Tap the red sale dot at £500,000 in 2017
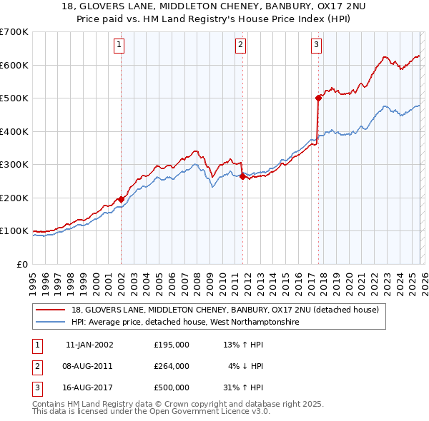[317, 98]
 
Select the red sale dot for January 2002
[121, 199]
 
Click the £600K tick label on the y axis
[14, 65]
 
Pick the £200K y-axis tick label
[14, 198]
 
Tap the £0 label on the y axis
[21, 264]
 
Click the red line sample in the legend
[51, 310]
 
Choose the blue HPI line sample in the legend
[51, 322]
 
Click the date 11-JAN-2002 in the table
[89, 345]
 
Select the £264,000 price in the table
[172, 366]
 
